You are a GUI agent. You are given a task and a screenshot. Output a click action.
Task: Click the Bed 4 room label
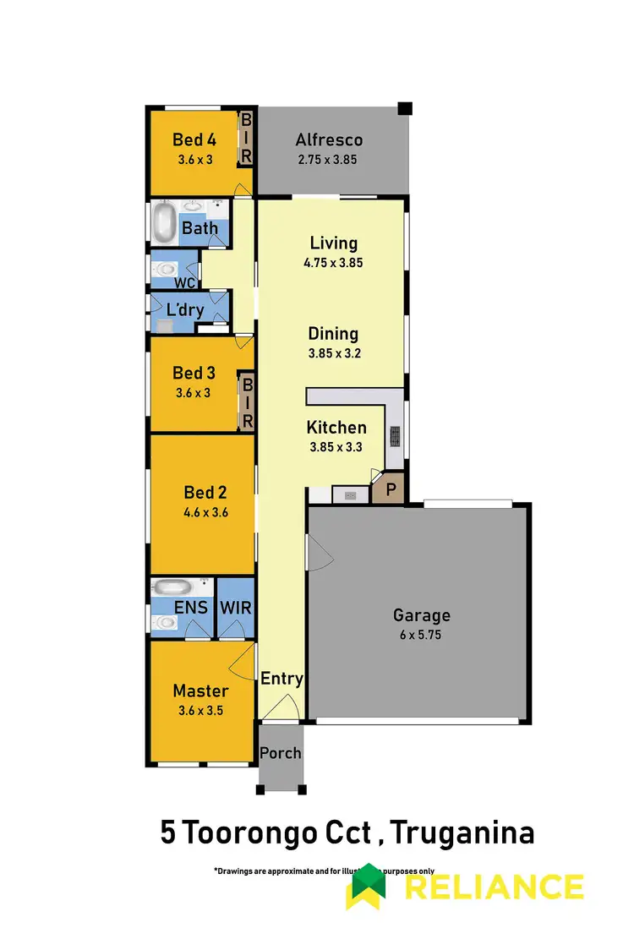[194, 139]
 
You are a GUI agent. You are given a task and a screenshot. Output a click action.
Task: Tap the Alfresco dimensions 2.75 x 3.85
[329, 159]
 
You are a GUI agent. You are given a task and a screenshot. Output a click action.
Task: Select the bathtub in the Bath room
[164, 223]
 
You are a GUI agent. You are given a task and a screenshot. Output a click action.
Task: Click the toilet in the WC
[163, 269]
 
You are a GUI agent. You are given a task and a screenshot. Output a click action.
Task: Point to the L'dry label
[185, 310]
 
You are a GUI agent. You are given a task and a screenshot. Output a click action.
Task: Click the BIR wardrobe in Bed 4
[247, 139]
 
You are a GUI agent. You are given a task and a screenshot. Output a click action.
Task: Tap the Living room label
[333, 243]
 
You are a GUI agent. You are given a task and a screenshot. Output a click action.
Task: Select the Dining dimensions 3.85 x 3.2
[334, 353]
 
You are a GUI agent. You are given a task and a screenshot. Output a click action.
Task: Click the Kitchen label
[336, 428]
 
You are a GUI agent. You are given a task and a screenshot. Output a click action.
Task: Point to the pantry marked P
[392, 489]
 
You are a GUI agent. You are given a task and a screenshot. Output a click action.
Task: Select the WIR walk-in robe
[236, 607]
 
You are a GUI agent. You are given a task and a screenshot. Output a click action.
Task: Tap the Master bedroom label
[200, 691]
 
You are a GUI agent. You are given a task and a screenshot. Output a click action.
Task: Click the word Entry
[281, 679]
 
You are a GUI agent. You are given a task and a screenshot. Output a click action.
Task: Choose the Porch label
[280, 752]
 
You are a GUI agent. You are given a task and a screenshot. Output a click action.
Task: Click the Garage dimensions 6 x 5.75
[421, 634]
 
